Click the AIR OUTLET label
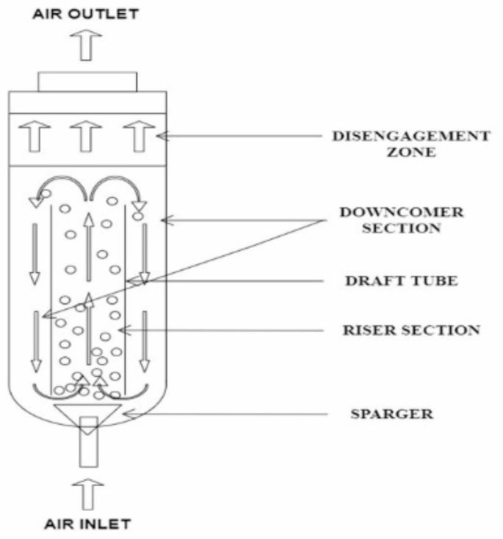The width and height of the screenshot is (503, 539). tap(86, 12)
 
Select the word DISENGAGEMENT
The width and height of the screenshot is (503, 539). tap(410, 136)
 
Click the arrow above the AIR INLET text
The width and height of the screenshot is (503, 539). tap(87, 493)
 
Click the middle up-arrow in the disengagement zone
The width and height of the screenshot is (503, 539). tap(87, 136)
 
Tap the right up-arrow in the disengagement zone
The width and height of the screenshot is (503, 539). tap(137, 136)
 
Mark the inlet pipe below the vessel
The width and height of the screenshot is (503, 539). tap(87, 448)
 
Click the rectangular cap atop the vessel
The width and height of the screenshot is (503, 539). tap(87, 81)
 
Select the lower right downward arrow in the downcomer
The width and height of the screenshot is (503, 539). tap(145, 341)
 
